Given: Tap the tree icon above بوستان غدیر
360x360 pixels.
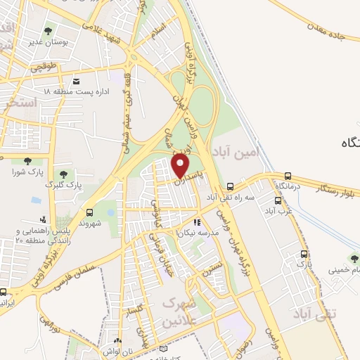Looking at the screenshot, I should coord(48,31).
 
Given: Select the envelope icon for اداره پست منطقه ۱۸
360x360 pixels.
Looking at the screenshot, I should coord(76,81).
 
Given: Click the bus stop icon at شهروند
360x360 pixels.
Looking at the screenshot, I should coord(89,212).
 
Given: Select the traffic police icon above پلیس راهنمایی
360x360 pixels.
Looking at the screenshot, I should coord(44,219).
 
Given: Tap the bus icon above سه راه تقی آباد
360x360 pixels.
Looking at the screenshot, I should coord(231,186).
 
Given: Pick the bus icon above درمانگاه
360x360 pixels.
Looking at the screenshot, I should coord(288,176).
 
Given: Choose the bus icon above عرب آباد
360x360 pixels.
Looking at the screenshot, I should coord(278,200).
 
